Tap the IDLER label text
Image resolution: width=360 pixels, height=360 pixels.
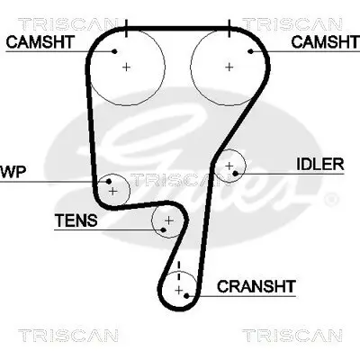pyautogui.click(x=320, y=164)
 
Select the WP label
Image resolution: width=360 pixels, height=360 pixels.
pyautogui.click(x=12, y=171)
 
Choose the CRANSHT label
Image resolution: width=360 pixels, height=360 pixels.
pyautogui.click(x=256, y=287)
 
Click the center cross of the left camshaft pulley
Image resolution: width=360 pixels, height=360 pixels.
pyautogui.click(x=127, y=67)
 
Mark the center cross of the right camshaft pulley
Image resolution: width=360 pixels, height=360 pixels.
pyautogui.click(x=229, y=67)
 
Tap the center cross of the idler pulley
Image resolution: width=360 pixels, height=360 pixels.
pyautogui.click(x=231, y=166)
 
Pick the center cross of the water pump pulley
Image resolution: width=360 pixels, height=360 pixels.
pyautogui.click(x=112, y=191)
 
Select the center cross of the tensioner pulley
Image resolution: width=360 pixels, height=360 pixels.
pyautogui.click(x=168, y=220)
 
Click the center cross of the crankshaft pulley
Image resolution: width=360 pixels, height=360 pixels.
pyautogui.click(x=183, y=289)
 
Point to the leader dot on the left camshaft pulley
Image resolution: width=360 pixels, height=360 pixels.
pyautogui.click(x=115, y=51)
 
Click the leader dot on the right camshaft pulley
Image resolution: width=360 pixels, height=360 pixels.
pyautogui.click(x=251, y=51)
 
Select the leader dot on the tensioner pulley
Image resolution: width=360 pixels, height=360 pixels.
pyautogui.click(x=162, y=228)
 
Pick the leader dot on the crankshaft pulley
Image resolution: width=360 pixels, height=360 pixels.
pyautogui.click(x=185, y=294)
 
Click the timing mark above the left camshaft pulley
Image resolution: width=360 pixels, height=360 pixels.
pyautogui.click(x=127, y=28)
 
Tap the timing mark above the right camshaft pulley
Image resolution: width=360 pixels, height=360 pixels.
pyautogui.click(x=229, y=28)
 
